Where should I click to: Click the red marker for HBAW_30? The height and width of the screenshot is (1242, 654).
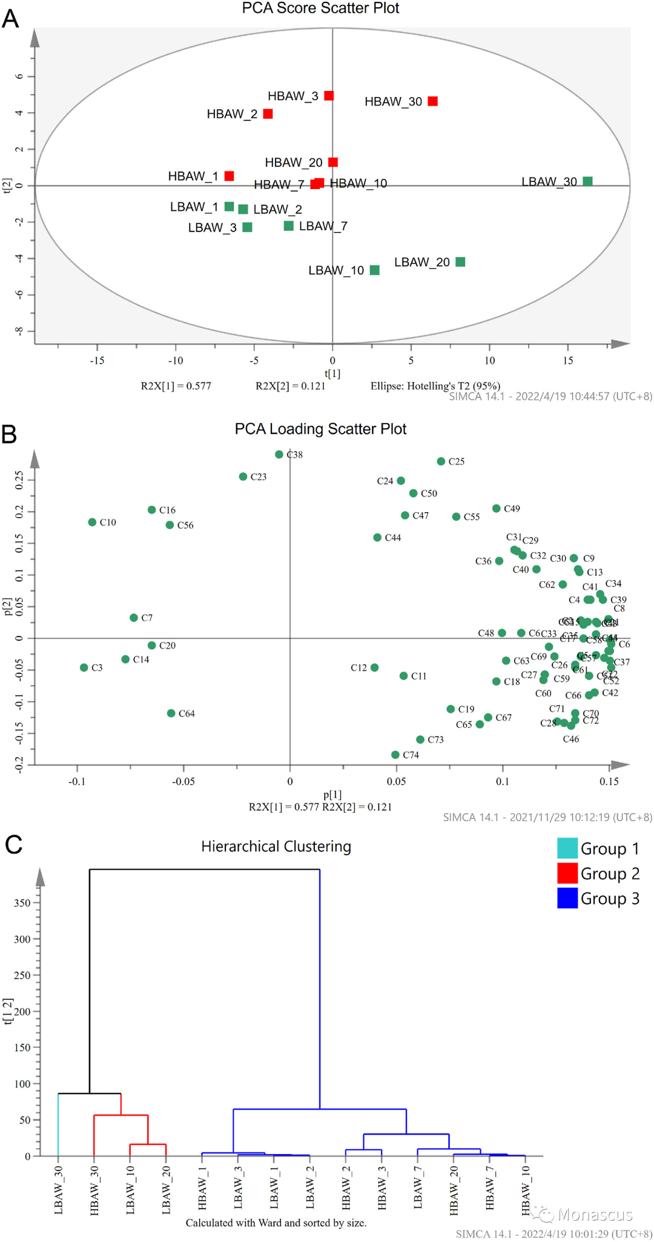[432, 101]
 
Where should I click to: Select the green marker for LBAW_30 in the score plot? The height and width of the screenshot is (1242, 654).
[587, 181]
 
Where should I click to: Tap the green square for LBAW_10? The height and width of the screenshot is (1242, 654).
[375, 270]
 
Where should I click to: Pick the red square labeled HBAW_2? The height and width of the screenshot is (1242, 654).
[268, 114]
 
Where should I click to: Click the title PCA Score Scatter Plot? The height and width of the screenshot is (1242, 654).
[320, 8]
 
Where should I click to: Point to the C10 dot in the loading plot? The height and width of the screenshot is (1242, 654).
[92, 522]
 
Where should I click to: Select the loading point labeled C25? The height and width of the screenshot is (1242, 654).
[441, 461]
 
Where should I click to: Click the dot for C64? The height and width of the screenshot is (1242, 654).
[171, 713]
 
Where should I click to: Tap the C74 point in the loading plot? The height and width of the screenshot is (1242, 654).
[395, 755]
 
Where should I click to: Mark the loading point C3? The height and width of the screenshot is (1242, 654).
[84, 667]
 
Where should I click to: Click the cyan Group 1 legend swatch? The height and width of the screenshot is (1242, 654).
[567, 848]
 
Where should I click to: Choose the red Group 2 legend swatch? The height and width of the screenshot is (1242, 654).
[567, 873]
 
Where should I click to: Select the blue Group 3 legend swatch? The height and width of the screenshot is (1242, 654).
[567, 898]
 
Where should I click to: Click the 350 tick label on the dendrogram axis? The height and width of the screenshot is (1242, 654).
[22, 903]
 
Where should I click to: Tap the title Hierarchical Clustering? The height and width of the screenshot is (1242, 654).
[276, 846]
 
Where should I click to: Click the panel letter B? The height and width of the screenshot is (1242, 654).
[9, 434]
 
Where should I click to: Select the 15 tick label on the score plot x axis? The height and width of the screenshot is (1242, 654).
[567, 361]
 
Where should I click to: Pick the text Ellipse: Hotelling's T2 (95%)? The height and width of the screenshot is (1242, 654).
[435, 386]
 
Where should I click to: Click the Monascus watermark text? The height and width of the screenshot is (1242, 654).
[595, 1215]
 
